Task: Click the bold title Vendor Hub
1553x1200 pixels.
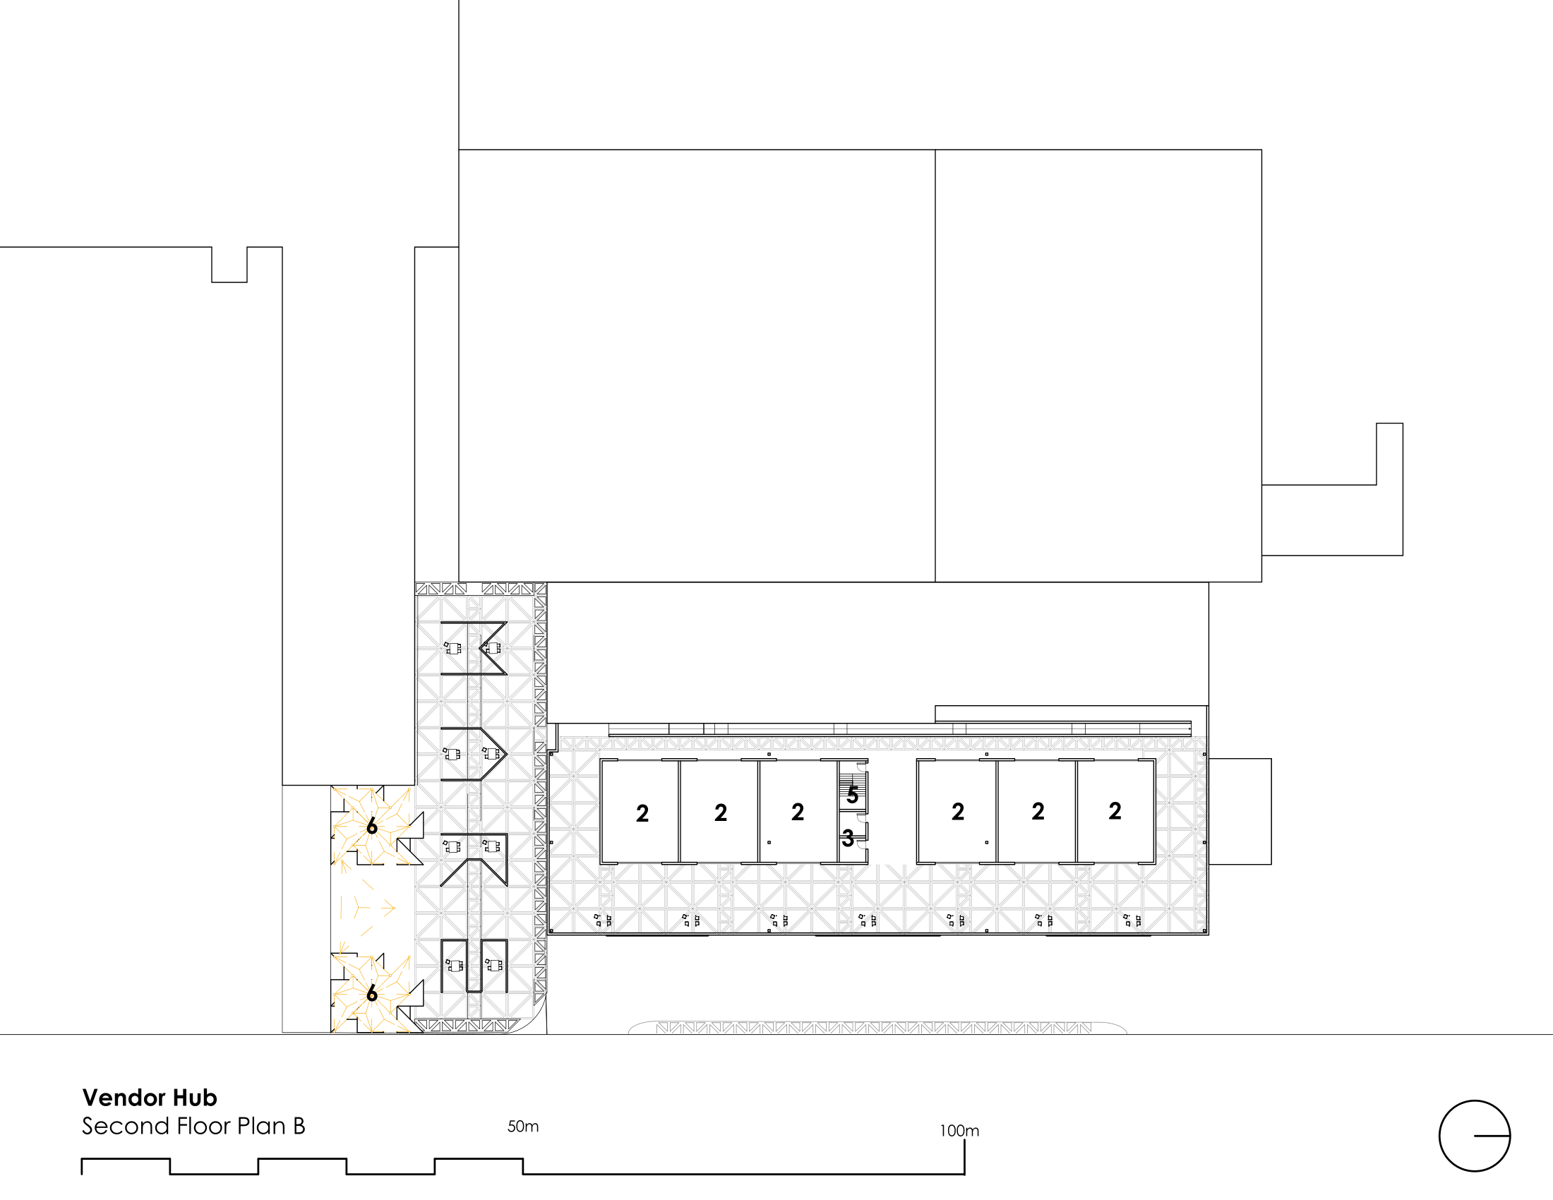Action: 150,1098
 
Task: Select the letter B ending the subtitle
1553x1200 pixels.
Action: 299,1126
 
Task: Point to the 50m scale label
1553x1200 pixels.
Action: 522,1126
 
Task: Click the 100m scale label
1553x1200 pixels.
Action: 959,1130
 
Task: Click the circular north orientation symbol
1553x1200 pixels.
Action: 1474,1135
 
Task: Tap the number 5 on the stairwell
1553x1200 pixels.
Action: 852,795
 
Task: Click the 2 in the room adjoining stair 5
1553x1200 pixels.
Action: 798,812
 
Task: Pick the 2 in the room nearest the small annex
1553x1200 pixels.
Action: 1115,810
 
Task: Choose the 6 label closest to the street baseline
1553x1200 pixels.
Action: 371,993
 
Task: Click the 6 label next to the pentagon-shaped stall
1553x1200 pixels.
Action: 371,826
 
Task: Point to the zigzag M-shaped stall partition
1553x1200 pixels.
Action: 474,647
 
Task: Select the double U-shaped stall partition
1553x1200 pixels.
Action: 474,966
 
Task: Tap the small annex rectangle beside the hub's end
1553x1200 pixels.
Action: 1240,811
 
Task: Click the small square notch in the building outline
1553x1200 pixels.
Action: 229,265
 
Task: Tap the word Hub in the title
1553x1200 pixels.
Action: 195,1098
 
